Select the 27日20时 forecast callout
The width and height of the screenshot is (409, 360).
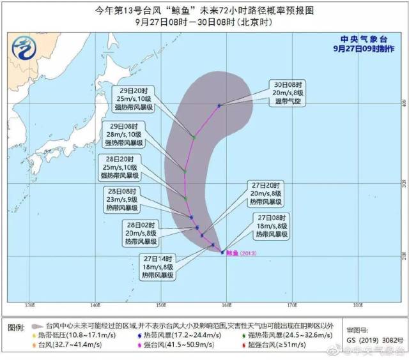pyautogui.click(x=266, y=193)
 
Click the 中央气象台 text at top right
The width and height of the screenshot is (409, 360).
pyautogui.click(x=366, y=36)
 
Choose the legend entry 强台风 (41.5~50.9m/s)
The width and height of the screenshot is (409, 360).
pyautogui.click(x=168, y=345)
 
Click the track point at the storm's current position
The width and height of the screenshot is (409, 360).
pyautogui.click(x=222, y=252)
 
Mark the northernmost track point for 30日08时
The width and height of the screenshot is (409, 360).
pyautogui.click(x=219, y=105)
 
